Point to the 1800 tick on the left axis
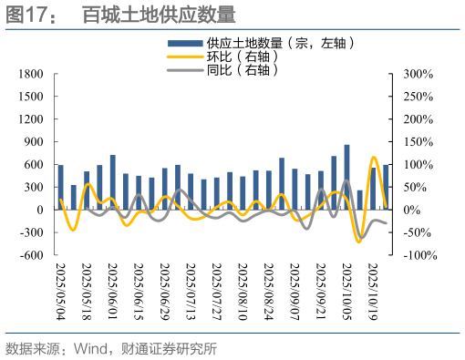coord(32,74)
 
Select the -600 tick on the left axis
coord(33,254)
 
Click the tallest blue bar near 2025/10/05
coord(346,177)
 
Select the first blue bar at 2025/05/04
coord(60,187)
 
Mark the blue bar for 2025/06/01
coord(112,182)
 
